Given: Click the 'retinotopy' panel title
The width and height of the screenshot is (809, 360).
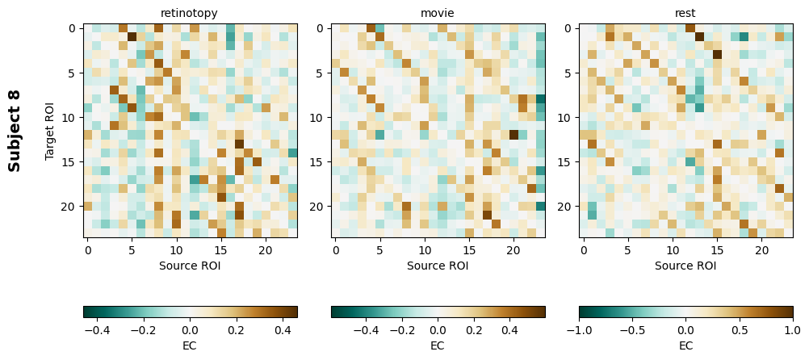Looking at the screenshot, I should pyautogui.click(x=190, y=14).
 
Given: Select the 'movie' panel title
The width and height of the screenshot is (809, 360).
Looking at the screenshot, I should pyautogui.click(x=438, y=14).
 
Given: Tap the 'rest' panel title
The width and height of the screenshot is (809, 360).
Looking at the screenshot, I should pyautogui.click(x=685, y=14).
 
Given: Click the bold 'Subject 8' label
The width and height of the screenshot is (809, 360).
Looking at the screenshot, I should pyautogui.click(x=15, y=130).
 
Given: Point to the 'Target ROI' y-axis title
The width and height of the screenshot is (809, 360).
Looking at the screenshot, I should pyautogui.click(x=50, y=130).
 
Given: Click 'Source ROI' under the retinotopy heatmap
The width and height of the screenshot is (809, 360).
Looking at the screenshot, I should pyautogui.click(x=190, y=265).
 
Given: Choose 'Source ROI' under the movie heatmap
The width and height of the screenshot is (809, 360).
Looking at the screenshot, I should pyautogui.click(x=438, y=265).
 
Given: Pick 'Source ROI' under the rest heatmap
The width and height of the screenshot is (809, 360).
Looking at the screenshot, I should pyautogui.click(x=685, y=265).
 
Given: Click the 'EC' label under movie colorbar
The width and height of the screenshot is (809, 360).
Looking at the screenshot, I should pyautogui.click(x=438, y=345).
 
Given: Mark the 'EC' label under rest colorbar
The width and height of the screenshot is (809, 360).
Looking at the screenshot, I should pyautogui.click(x=685, y=345).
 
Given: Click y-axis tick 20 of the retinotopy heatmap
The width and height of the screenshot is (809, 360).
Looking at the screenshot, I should pyautogui.click(x=72, y=206).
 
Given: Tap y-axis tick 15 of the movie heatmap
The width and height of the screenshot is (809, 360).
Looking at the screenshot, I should pyautogui.click(x=320, y=161).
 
